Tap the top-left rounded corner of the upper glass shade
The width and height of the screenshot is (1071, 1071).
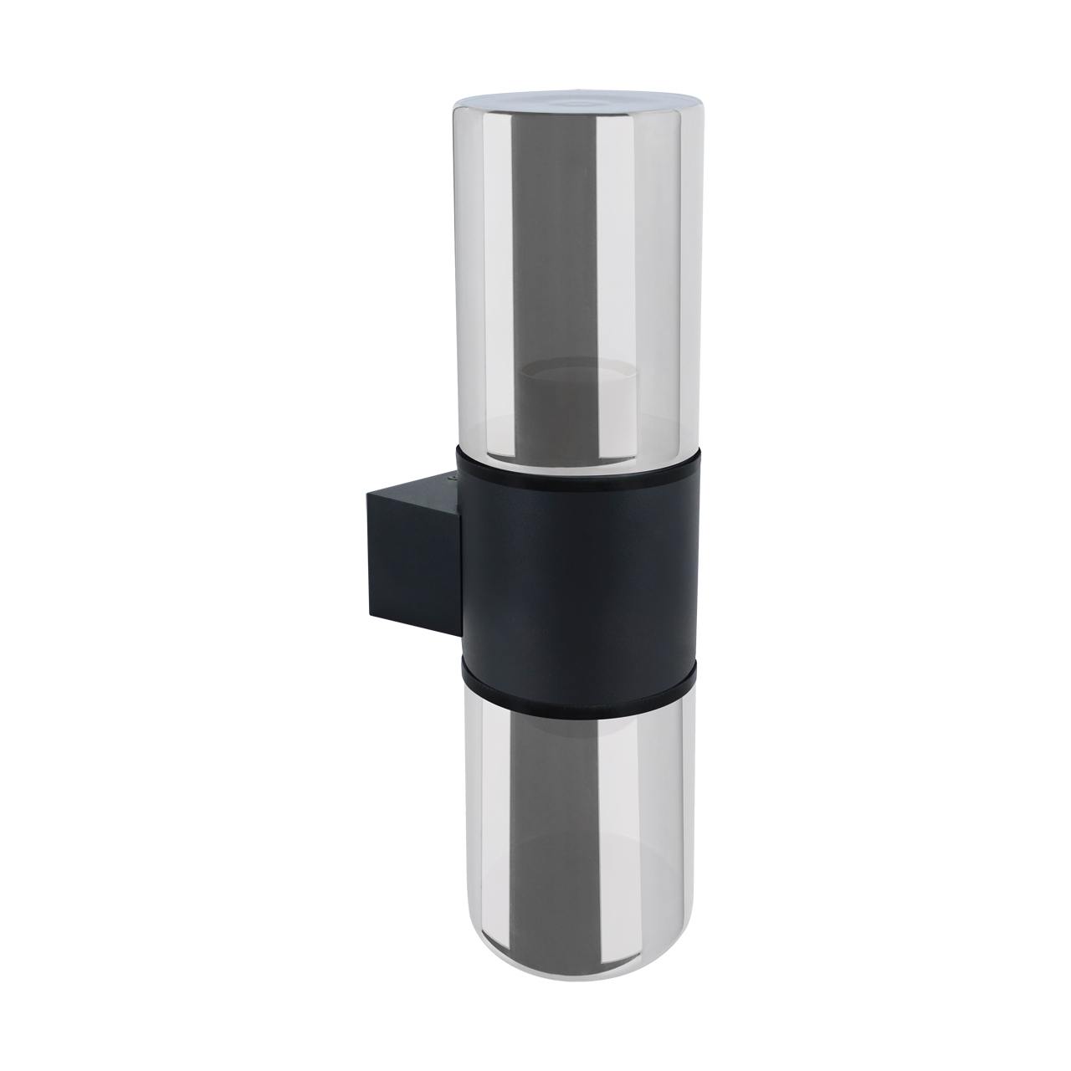point(459,109)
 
